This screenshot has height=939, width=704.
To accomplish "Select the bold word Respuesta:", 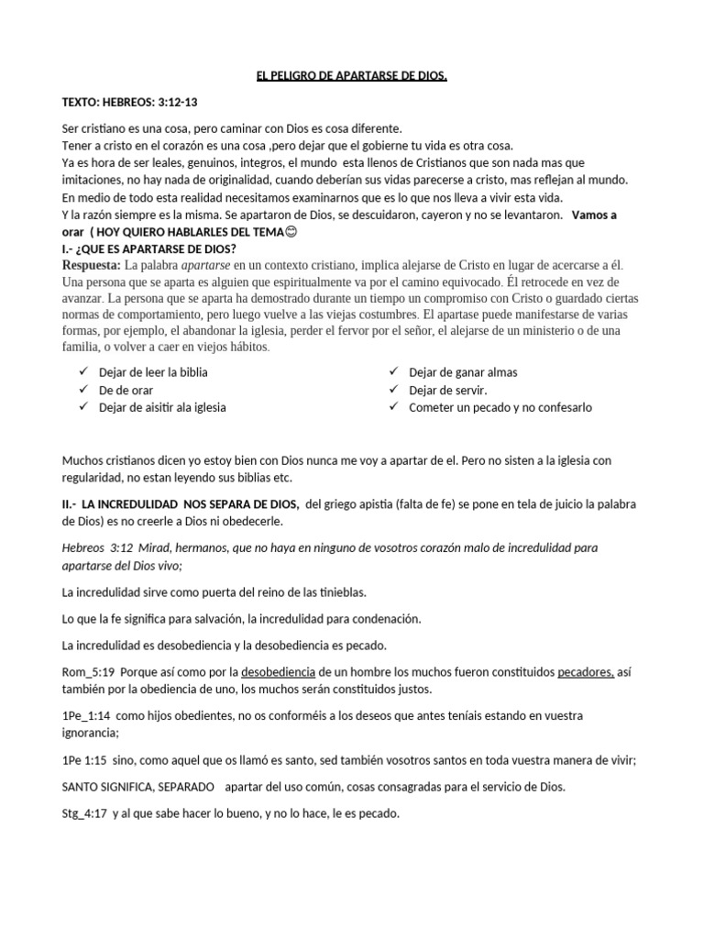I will [x=92, y=265].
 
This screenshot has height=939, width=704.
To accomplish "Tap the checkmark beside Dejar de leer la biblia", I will [x=83, y=371].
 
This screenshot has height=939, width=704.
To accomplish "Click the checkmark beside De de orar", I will [x=83, y=389].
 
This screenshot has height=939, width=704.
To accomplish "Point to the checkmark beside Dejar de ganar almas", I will [x=393, y=371].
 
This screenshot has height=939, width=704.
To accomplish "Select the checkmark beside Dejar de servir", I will [x=393, y=389].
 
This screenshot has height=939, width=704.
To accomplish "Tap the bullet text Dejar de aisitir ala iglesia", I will [x=162, y=407].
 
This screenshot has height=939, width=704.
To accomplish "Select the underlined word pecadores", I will [x=587, y=672].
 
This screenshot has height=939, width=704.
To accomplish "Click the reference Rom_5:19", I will [x=88, y=672].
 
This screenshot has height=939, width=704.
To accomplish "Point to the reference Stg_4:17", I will [x=85, y=813].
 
